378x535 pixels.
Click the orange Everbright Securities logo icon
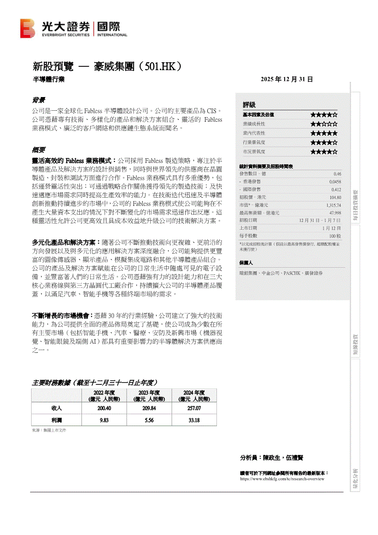coord(27,28)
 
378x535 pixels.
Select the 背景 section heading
coord(38,100)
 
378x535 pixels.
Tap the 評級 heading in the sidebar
coord(249,105)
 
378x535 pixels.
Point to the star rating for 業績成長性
coord(324,124)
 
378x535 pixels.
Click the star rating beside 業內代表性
coord(324,133)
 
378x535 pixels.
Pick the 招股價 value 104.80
coord(335,197)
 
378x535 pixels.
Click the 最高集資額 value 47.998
coord(335,213)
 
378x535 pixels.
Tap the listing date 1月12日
coord(331,228)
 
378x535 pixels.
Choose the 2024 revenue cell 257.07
coord(194,408)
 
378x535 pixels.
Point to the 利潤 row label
coord(57,420)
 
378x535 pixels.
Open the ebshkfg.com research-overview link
coord(282,479)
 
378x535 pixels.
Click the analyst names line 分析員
coord(272,457)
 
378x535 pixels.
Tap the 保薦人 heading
coord(246,263)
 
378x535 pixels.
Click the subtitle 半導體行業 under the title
coord(48,79)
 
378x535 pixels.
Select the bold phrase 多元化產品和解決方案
coord(64,242)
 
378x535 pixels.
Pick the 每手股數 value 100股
coord(335,236)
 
